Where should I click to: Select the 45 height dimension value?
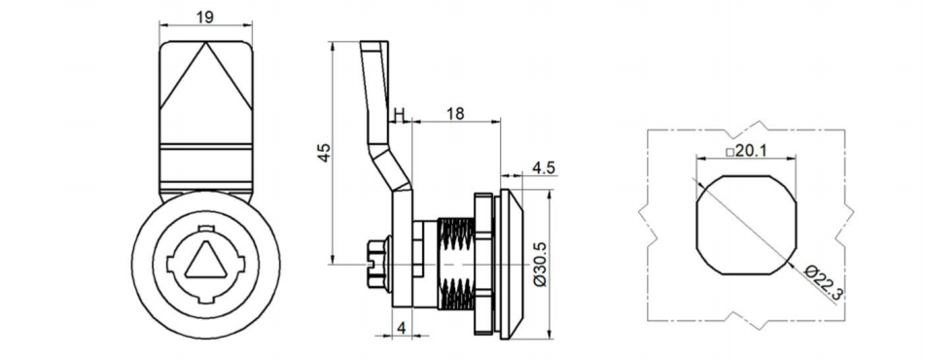coord(326,152)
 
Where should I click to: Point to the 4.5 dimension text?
coord(544,168)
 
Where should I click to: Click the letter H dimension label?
coord(399,116)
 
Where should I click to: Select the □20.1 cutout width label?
coord(746,151)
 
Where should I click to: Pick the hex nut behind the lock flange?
coord(481,263)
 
